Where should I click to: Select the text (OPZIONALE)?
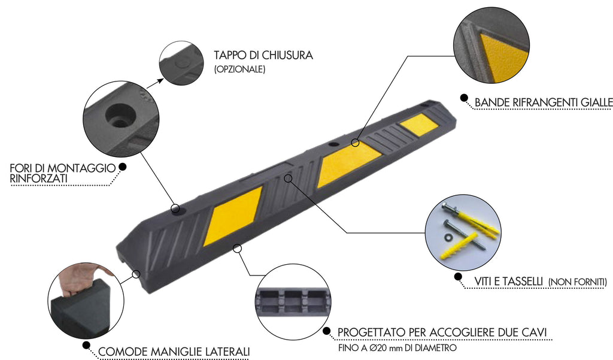click(x=239, y=69)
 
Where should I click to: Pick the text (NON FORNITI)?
click(x=578, y=282)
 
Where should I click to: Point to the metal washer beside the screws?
click(x=449, y=237)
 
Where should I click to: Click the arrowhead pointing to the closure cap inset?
click(x=160, y=81)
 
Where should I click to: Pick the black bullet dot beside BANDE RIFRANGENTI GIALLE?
click(x=464, y=98)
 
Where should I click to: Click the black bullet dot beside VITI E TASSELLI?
click(x=458, y=277)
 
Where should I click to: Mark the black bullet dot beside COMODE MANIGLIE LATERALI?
click(x=86, y=345)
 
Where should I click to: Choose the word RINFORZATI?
click(x=38, y=179)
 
